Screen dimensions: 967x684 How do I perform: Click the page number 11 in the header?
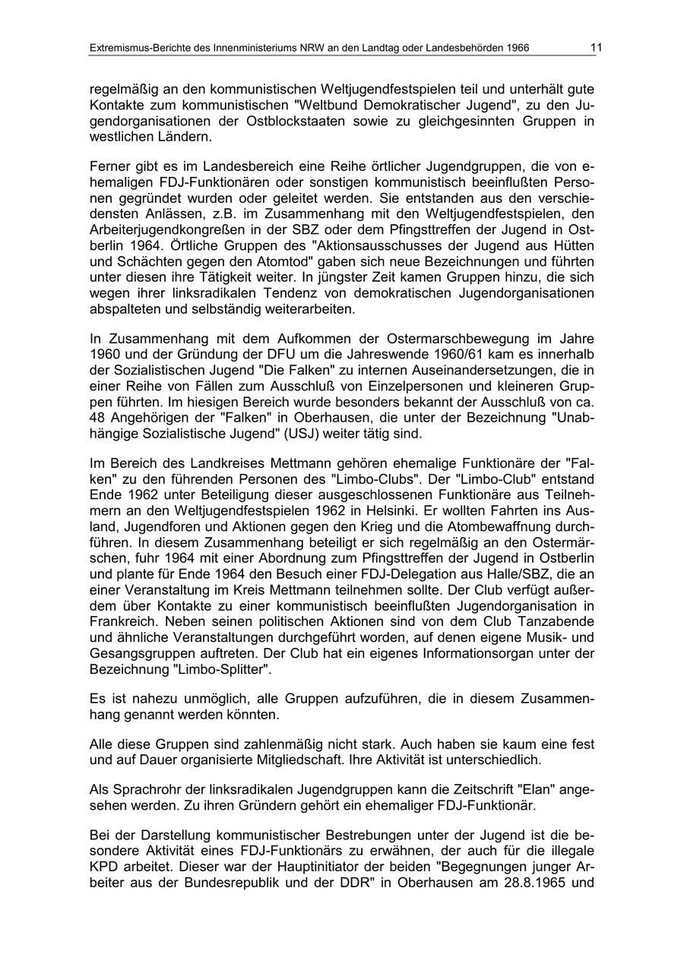[x=596, y=48]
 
